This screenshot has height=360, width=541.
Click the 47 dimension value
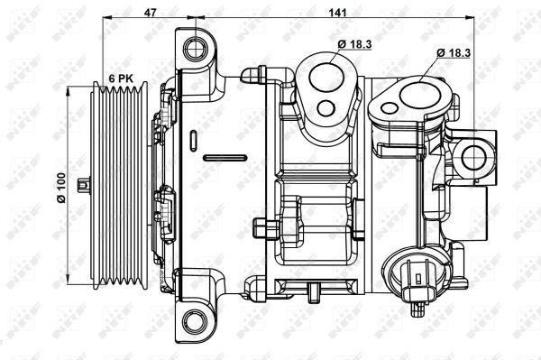[150, 12]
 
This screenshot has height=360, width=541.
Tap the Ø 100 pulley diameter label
[61, 188]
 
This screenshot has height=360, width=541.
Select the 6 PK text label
[121, 78]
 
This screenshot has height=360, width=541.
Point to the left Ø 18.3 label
[354, 44]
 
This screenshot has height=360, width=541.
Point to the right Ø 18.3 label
[454, 53]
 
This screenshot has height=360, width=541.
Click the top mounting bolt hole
[196, 49]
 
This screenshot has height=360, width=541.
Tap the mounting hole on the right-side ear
[473, 158]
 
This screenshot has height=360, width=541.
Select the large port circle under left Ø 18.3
[326, 77]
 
